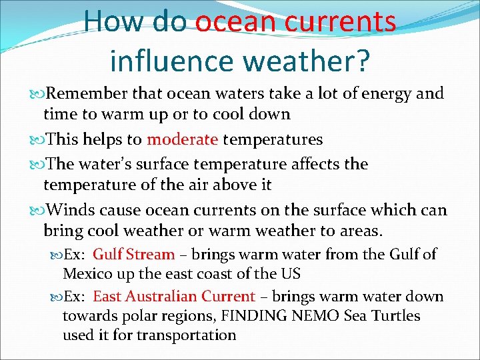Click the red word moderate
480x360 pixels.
pyautogui.click(x=183, y=139)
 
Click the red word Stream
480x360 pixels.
pyautogui.click(x=150, y=254)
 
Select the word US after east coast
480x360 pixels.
pyautogui.click(x=290, y=273)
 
